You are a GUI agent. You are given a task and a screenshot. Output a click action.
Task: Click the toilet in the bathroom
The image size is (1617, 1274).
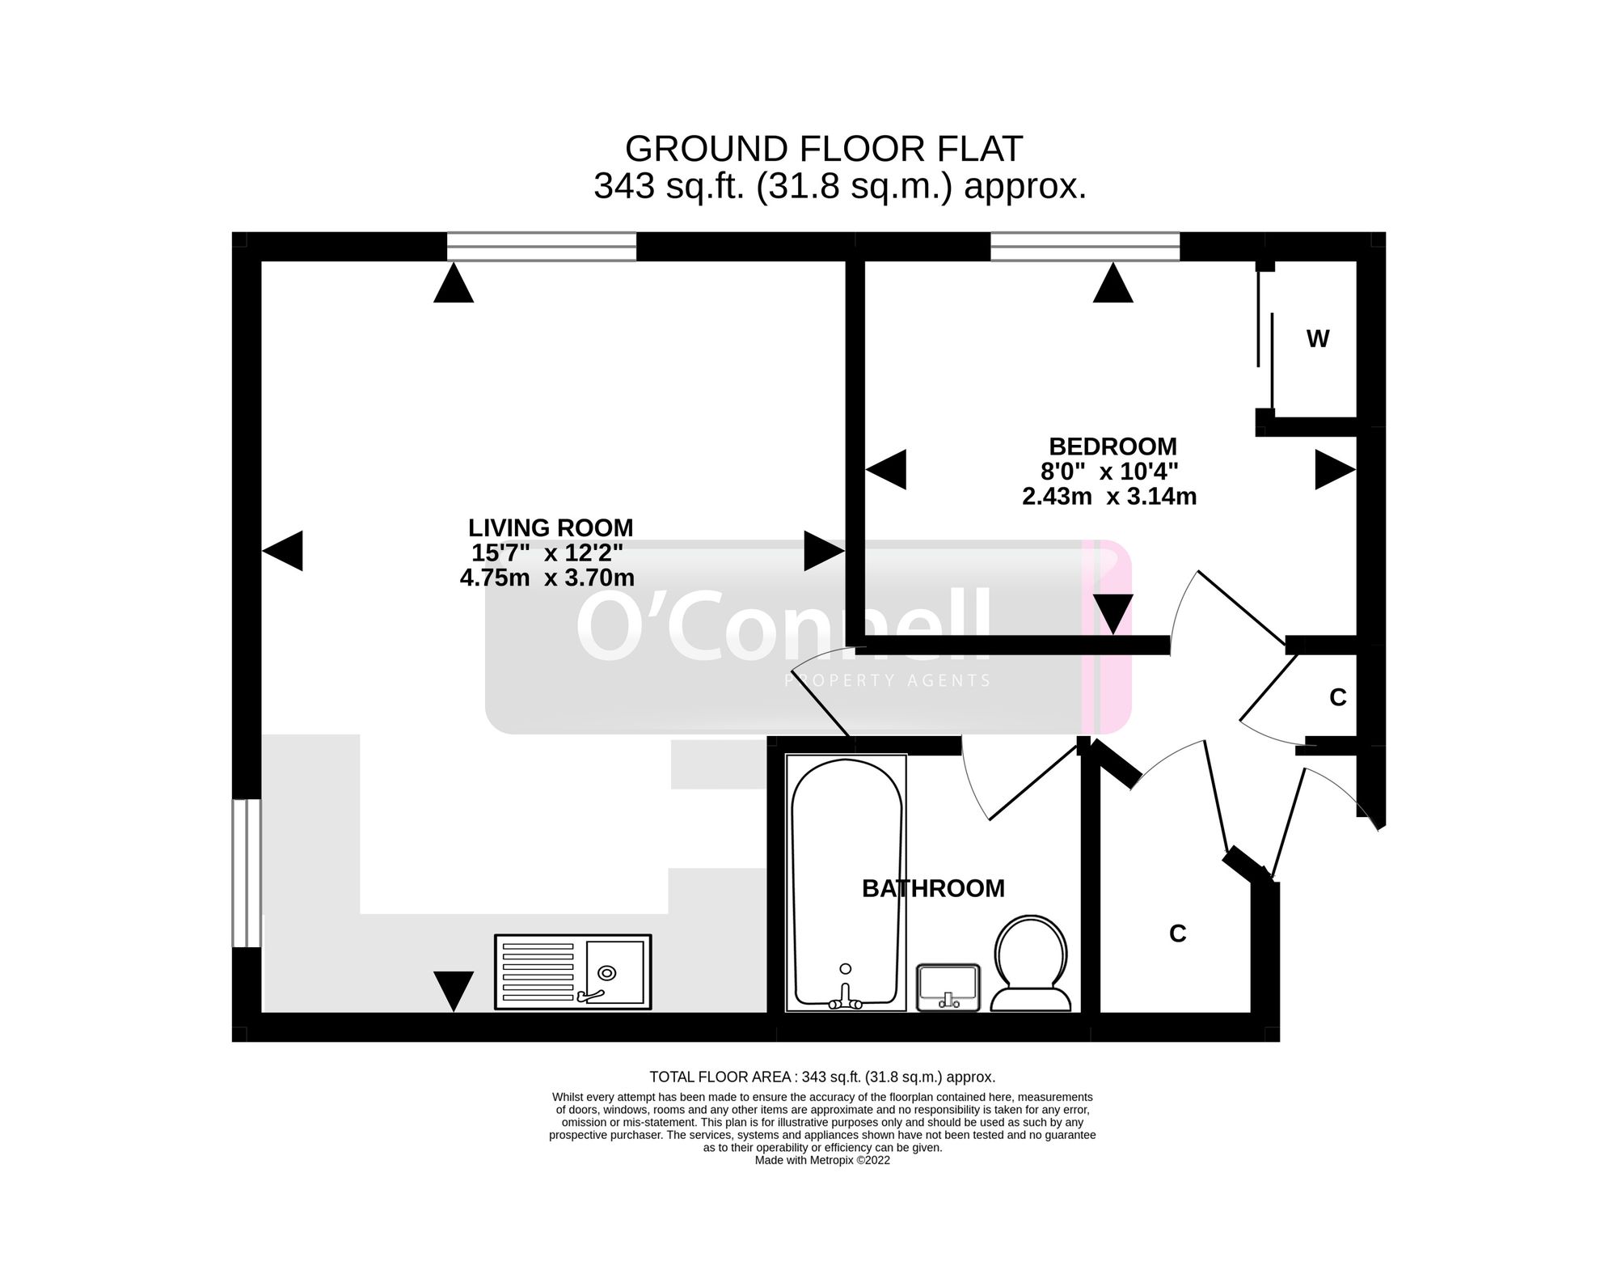tap(1031, 964)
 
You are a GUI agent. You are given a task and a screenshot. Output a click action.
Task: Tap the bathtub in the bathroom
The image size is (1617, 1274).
tap(846, 883)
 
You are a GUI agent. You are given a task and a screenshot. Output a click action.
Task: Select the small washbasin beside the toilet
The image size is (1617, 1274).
tap(948, 987)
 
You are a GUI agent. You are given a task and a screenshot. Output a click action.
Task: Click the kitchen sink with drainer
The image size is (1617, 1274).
tap(572, 972)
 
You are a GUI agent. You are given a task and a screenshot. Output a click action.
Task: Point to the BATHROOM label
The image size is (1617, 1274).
tap(933, 888)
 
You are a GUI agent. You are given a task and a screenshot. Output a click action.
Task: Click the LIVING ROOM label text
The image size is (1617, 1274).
tap(551, 528)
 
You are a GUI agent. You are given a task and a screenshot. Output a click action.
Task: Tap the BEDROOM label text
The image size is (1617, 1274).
tap(1112, 447)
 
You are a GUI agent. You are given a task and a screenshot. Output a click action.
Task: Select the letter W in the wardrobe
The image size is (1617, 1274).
tap(1317, 340)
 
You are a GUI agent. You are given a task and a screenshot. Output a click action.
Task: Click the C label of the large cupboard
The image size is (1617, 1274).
tap(1177, 934)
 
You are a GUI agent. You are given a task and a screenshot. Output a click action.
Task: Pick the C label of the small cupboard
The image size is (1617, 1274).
tap(1337, 697)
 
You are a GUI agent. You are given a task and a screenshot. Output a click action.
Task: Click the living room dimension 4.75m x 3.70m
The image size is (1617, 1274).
tap(547, 578)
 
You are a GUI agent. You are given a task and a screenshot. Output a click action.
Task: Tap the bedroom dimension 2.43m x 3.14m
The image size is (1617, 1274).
tap(1109, 496)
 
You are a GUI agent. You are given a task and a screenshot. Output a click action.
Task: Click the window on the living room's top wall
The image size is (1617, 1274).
tap(542, 247)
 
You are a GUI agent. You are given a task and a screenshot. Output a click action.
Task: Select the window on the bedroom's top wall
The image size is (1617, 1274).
tap(1085, 247)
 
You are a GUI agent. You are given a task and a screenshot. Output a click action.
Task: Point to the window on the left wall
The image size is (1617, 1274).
tap(247, 873)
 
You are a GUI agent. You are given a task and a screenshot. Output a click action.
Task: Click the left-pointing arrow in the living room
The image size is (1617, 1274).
tap(283, 551)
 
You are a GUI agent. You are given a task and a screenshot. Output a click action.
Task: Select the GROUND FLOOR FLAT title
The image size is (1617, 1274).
tap(824, 149)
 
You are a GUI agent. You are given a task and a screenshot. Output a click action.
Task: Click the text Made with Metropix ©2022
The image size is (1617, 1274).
tap(822, 1160)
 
